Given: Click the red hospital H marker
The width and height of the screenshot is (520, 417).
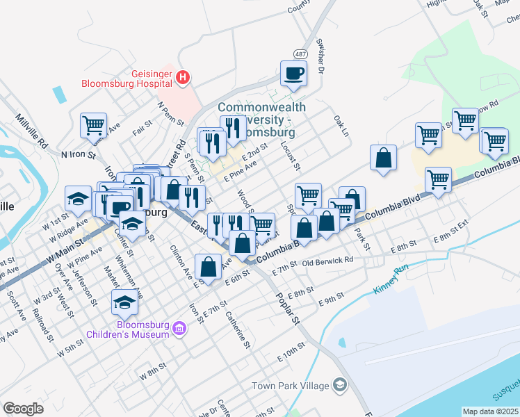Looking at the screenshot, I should click(x=182, y=77).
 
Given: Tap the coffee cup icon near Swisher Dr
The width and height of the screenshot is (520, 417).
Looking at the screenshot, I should click(x=293, y=72).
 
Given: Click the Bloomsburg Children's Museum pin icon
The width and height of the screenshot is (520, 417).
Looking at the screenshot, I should click(x=179, y=327).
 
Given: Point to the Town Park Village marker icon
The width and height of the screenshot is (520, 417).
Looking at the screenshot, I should click(x=339, y=385).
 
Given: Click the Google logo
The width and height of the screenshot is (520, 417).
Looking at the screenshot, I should click(x=24, y=409).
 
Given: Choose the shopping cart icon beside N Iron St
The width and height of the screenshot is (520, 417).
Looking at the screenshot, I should click(x=93, y=125).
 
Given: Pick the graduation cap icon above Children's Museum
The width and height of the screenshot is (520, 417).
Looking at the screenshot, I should click(x=124, y=302).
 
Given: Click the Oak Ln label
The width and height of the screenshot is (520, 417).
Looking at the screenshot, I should click(x=340, y=126).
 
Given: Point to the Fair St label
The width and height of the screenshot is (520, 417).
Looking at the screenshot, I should click(x=143, y=126).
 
